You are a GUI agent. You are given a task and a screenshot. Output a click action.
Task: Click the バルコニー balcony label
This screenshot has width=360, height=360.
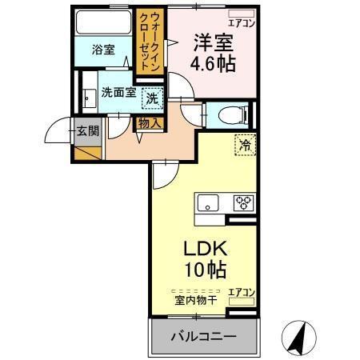[x=203, y=337]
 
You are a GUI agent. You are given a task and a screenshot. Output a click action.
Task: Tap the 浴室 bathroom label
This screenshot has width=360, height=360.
[x=102, y=50]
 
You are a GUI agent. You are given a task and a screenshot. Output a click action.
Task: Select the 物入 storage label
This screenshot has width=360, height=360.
[x=150, y=124]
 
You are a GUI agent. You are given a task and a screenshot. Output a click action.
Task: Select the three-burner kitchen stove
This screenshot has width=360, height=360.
[x=243, y=202]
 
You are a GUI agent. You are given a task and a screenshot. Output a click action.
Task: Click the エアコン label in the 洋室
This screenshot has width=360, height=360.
[x=242, y=24]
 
